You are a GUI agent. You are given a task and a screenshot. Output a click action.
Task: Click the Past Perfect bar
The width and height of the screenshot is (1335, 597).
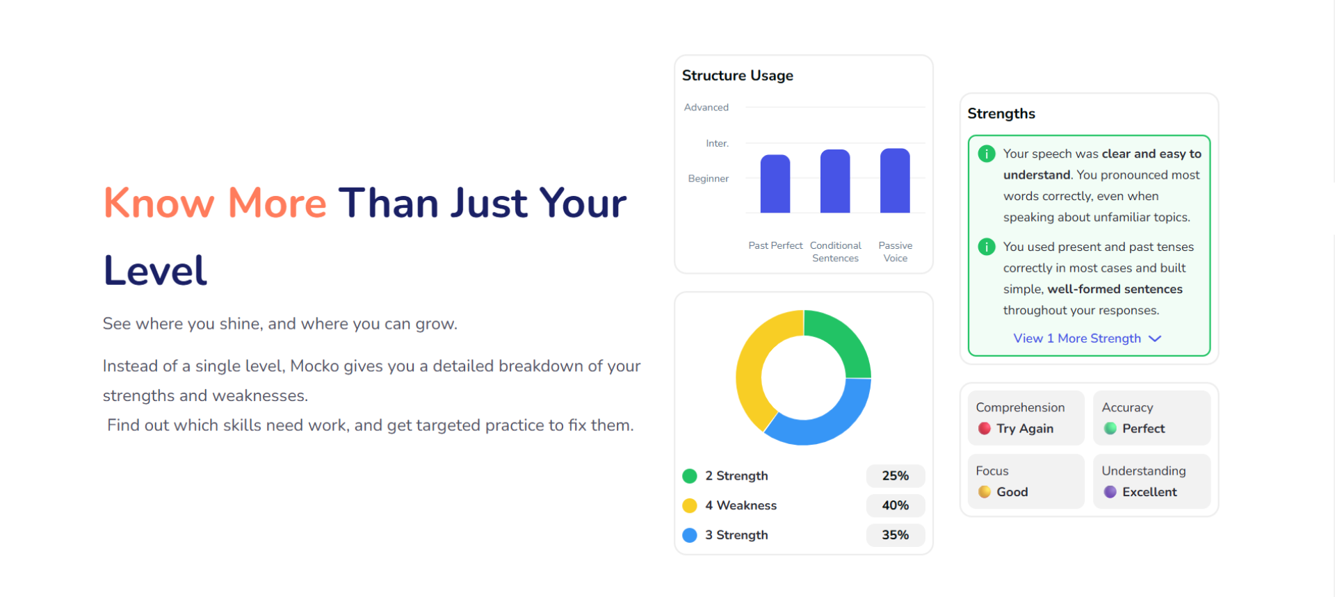point(775,183)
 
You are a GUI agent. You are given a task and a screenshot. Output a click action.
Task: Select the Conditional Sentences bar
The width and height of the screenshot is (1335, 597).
point(835,181)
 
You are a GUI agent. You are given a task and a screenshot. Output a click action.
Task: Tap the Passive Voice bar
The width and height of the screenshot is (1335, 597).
point(895,180)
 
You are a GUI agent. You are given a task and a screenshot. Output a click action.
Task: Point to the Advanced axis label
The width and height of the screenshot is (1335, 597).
point(706,107)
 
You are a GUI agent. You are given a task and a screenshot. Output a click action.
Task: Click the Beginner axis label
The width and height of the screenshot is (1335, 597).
point(709,179)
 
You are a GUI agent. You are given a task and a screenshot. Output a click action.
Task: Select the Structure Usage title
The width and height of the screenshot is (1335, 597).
point(738,75)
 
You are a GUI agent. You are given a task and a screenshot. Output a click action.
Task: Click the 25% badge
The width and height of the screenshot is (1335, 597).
point(896,476)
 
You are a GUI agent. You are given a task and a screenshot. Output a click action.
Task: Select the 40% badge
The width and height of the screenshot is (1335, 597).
point(896,505)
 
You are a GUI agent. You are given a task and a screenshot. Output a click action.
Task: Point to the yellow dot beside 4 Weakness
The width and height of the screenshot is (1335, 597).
point(690,505)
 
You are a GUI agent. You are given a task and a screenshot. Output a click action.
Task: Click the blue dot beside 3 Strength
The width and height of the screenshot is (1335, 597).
point(690,535)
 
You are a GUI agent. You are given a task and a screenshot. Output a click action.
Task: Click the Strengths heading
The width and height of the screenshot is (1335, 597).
point(1001,113)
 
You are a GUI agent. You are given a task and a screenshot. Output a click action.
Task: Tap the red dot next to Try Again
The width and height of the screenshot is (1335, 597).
point(985,429)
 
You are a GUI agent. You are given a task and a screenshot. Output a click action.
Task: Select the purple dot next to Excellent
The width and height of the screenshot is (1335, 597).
point(1110,492)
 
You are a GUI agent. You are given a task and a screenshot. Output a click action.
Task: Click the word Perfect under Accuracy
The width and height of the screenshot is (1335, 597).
point(1144,429)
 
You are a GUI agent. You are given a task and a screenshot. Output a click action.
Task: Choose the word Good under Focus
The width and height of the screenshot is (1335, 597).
point(1012,492)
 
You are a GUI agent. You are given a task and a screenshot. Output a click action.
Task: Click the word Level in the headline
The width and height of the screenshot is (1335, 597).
point(156,270)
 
